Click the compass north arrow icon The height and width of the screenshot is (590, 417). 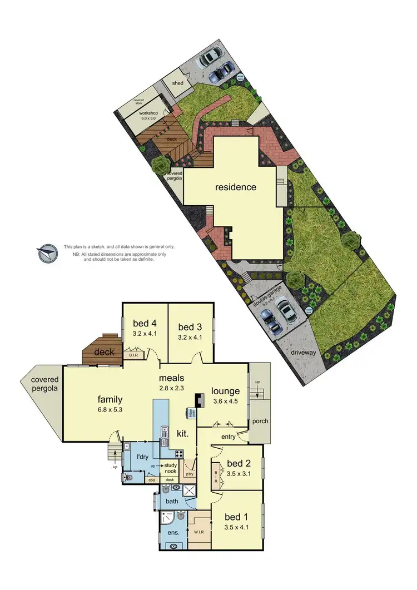coord(47,253)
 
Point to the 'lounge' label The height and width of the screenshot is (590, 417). coord(225,391)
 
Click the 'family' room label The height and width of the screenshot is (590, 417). coord(110,399)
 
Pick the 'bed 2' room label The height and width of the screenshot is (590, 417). coord(239,463)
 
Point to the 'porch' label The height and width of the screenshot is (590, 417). coord(260,421)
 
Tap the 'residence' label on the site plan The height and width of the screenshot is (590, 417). coord(236,187)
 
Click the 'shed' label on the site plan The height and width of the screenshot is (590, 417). coord(178,83)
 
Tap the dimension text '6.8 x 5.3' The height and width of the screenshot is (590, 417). coord(110,409)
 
